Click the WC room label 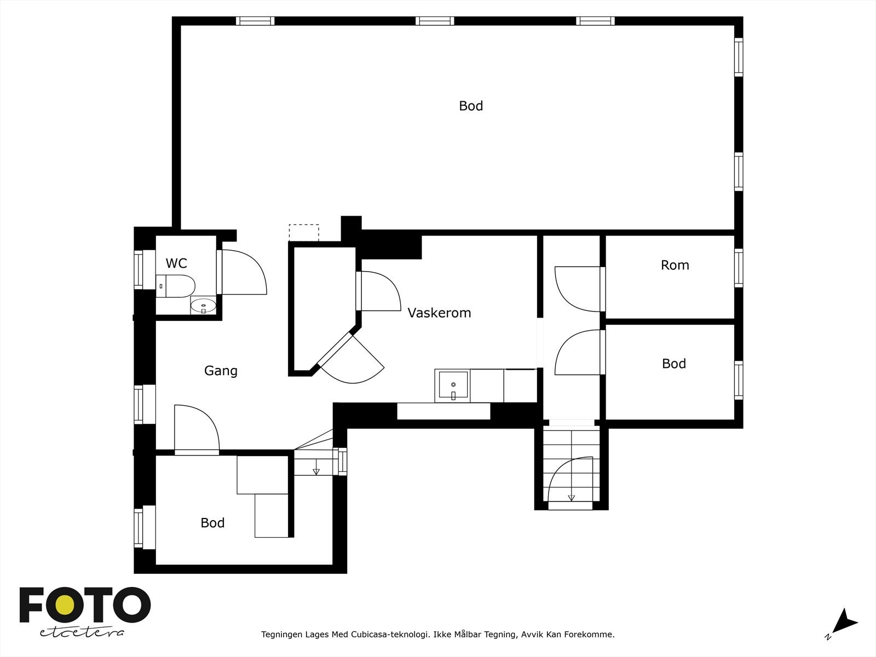176,263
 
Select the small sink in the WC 203,307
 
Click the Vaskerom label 439,313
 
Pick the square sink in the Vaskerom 453,386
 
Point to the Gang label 221,371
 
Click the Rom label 675,266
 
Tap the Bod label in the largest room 471,106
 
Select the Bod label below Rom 673,364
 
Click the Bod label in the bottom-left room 212,523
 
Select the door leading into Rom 579,289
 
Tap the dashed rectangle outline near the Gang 304,233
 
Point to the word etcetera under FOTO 82,632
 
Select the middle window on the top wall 435,21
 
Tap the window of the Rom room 739,268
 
